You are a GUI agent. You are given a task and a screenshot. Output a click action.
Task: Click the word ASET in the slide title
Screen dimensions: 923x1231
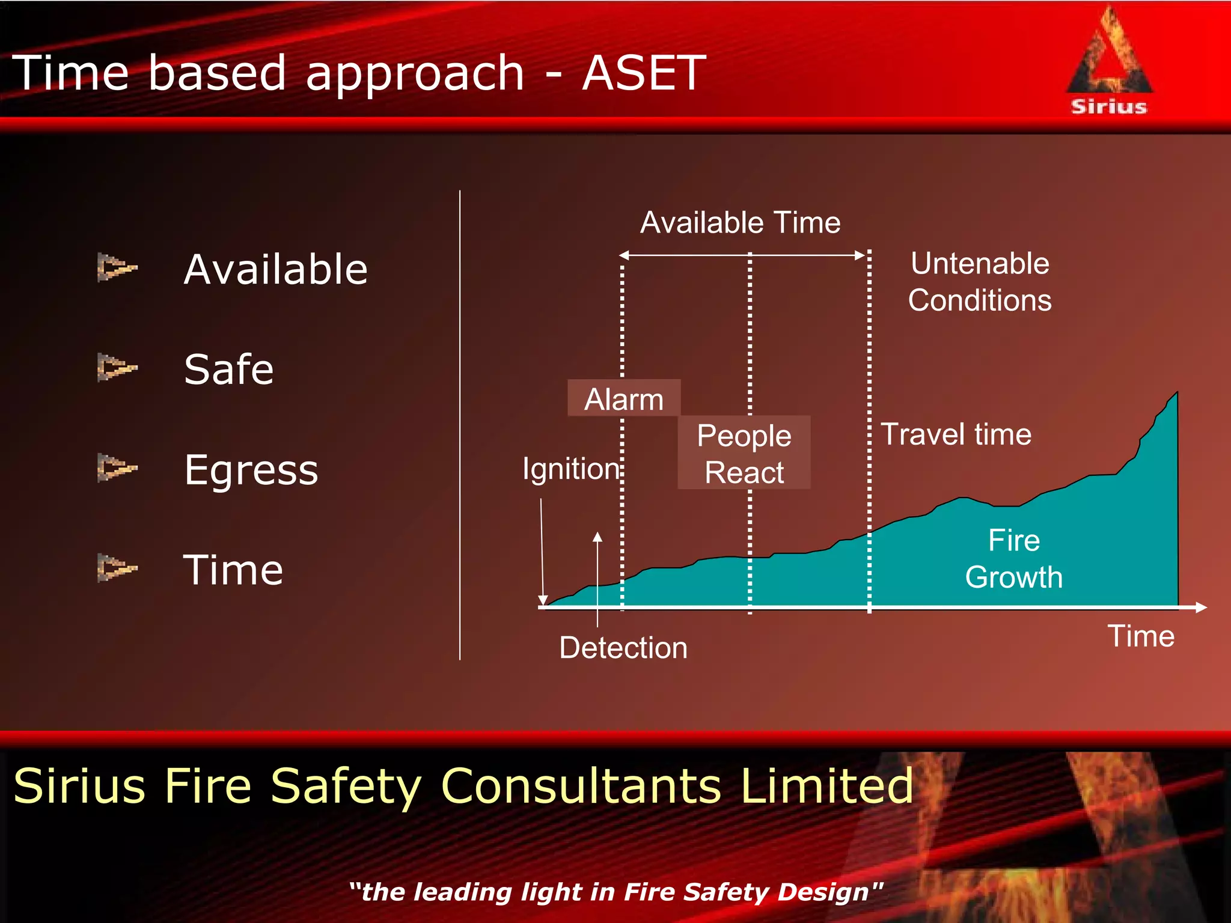coord(644,73)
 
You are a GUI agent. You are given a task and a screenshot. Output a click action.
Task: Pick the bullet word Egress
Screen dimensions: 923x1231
coord(251,470)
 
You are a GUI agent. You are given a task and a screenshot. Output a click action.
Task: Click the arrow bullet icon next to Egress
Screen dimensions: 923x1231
coord(117,468)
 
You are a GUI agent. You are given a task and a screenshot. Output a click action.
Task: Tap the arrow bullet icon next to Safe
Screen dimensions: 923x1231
coord(117,367)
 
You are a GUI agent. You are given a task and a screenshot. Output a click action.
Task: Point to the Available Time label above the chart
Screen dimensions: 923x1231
coord(740,222)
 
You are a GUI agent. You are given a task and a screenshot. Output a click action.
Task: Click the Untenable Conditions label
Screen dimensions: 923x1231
coord(980,282)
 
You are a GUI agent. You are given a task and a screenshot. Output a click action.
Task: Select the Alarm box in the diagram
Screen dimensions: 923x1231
coord(624,398)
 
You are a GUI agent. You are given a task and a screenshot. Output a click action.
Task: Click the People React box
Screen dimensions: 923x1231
coord(744,453)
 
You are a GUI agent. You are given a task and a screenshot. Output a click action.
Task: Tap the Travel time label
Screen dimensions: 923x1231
coord(956,434)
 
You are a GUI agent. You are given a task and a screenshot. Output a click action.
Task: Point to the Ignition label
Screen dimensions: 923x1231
coord(570,469)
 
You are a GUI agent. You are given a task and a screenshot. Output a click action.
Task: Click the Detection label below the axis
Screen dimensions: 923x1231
coord(623,648)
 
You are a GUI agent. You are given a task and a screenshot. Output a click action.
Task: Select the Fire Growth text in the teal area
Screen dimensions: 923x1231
coord(1014,558)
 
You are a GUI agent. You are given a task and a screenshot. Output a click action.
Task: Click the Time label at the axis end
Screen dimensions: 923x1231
coord(1141,636)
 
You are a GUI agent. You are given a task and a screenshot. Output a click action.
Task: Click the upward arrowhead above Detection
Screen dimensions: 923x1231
coord(597,537)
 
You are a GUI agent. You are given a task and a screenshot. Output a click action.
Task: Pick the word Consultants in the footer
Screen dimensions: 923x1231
coord(581,785)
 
